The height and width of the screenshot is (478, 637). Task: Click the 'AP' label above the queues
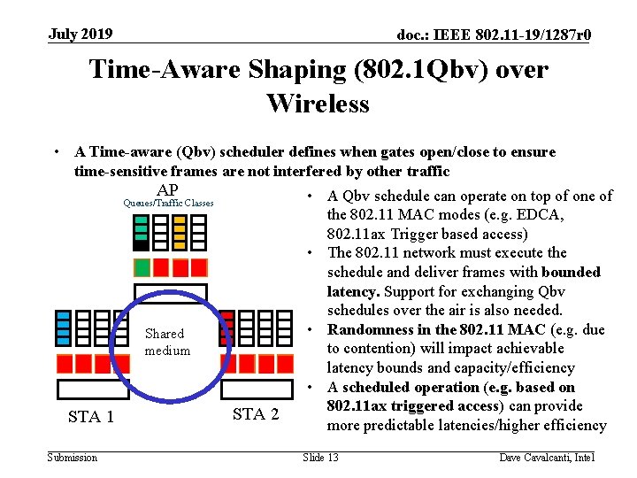coord(166,190)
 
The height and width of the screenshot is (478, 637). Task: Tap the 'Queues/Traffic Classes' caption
coord(168,204)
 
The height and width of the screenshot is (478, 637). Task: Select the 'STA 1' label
coord(91,417)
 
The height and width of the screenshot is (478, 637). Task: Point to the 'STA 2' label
coord(256,414)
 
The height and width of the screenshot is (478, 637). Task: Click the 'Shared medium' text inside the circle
coord(166,342)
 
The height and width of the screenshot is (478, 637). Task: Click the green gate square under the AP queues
coord(142,267)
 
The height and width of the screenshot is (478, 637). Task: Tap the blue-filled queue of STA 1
coord(64,328)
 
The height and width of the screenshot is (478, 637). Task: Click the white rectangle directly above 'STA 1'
coord(92,389)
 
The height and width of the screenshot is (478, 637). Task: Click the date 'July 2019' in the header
coord(81,35)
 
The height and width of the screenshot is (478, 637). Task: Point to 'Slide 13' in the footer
coord(320,457)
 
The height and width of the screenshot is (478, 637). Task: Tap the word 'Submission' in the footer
coord(73,457)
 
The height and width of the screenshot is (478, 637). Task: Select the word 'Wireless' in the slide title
coord(318,104)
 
